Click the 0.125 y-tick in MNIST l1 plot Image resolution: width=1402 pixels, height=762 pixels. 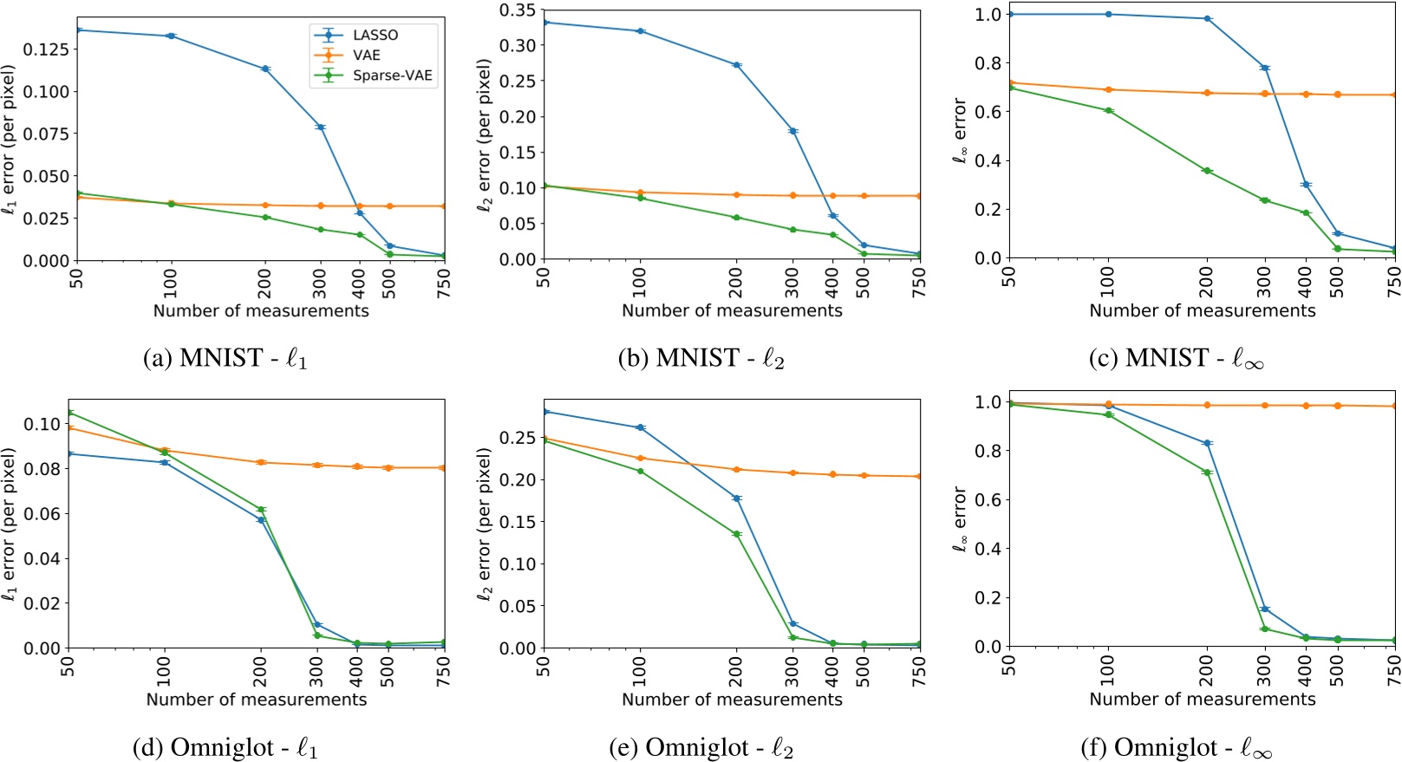[x=45, y=49]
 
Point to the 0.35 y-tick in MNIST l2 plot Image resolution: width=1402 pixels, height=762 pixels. [x=517, y=10]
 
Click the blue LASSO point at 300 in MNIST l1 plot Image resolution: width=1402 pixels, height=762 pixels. [x=321, y=127]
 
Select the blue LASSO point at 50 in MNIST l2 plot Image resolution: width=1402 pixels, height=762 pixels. [x=544, y=23]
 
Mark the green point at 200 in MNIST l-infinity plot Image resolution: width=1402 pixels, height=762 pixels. [x=1206, y=171]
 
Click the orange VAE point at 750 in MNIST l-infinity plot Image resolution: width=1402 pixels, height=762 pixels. [x=1394, y=94]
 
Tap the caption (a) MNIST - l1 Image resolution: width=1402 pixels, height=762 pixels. [x=225, y=358]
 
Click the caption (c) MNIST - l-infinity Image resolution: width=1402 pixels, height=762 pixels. [x=1177, y=358]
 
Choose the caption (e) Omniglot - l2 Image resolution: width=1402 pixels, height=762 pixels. [x=701, y=747]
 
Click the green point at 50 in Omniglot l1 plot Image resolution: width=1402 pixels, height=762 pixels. [x=70, y=413]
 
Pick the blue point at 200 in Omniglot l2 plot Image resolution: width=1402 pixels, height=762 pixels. [x=737, y=498]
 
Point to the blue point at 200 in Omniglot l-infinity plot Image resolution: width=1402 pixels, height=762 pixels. [x=1206, y=443]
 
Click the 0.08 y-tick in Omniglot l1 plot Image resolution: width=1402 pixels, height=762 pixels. [x=43, y=469]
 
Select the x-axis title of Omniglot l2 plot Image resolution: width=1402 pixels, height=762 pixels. [x=732, y=699]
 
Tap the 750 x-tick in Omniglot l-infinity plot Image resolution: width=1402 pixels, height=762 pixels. [x=1393, y=670]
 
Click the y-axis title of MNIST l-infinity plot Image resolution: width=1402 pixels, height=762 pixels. [x=959, y=130]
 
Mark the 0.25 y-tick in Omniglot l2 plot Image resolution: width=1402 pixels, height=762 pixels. [x=517, y=438]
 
